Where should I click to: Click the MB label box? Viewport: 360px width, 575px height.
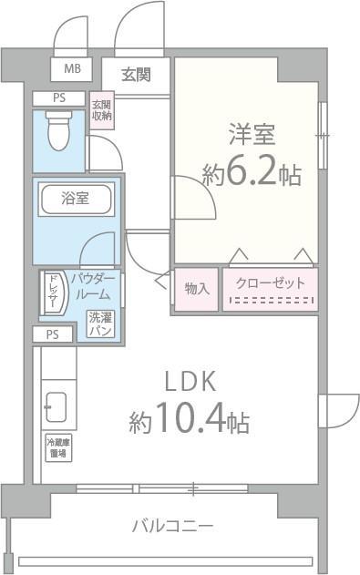pos(71,68)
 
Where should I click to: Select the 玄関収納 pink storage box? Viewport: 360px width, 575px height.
pos(101,109)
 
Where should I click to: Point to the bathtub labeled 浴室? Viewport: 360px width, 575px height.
pos(76,200)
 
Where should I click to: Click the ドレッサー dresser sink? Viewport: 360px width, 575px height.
pos(53,293)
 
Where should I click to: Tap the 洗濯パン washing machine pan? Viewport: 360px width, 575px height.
pos(100,324)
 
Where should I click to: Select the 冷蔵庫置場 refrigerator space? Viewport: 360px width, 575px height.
pos(57,447)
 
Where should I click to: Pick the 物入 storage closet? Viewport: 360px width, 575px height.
pos(196,288)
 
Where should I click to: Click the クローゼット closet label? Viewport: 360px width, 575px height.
pos(270,282)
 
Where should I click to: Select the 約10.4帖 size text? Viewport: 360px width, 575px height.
pos(189,421)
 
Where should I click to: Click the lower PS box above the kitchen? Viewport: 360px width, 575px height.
pos(53,334)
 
